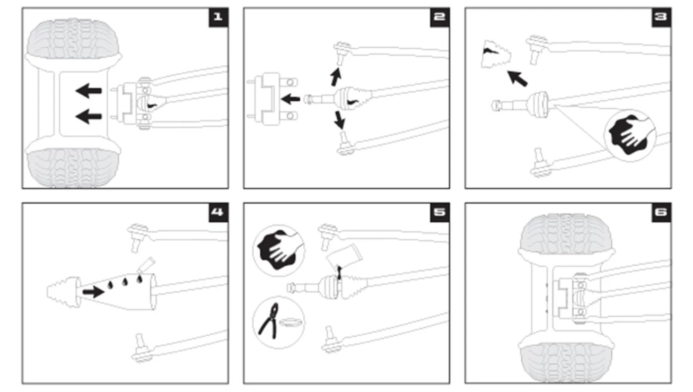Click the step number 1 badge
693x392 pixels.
(219, 18)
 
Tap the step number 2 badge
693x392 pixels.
(440, 18)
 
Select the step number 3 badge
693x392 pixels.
(661, 18)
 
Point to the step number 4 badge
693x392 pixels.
(219, 213)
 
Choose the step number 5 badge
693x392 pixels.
(440, 213)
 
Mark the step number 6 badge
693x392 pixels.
(661, 213)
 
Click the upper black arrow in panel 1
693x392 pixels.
(89, 91)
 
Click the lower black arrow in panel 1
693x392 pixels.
(89, 116)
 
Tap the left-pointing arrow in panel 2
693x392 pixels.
(291, 99)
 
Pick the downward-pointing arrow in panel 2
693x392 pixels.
(339, 120)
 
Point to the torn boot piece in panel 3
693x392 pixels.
(496, 55)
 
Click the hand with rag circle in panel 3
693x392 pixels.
(630, 135)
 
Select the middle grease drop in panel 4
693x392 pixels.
(125, 282)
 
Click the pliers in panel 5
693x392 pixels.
(268, 321)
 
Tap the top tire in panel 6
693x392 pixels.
(566, 234)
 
